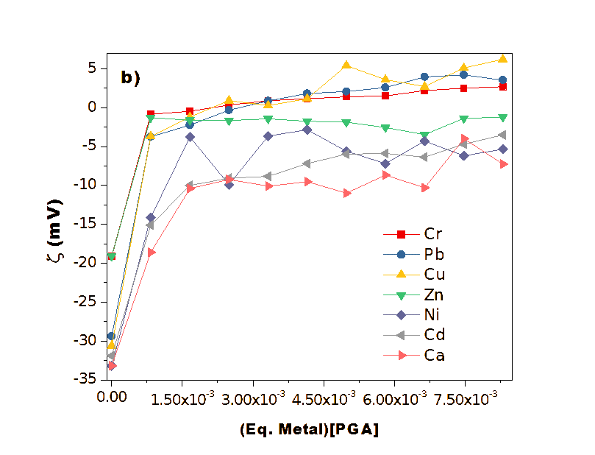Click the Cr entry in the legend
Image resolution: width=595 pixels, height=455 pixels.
pyautogui.click(x=433, y=234)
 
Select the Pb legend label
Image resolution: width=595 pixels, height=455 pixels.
pyautogui.click(x=434, y=255)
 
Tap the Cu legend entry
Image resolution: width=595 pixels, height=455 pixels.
pyautogui.click(x=434, y=275)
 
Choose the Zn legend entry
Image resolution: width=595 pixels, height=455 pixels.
pyautogui.click(x=434, y=295)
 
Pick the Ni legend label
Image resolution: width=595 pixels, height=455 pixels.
pyautogui.click(x=432, y=315)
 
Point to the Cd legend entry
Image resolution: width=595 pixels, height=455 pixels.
pyautogui.click(x=434, y=335)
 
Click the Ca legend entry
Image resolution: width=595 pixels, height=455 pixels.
pyautogui.click(x=434, y=356)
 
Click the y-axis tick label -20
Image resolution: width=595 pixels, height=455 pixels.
pyautogui.click(x=88, y=262)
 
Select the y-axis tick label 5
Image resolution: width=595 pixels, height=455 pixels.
pyautogui.click(x=93, y=68)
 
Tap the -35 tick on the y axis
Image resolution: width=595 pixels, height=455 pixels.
pyautogui.click(x=88, y=378)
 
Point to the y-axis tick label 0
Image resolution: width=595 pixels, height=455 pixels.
pyautogui.click(x=93, y=107)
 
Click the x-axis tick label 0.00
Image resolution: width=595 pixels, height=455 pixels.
pyautogui.click(x=112, y=397)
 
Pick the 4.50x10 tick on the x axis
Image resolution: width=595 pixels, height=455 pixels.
pyautogui.click(x=324, y=398)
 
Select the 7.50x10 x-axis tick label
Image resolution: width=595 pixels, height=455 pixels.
pyautogui.click(x=464, y=398)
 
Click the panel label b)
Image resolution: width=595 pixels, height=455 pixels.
pyautogui.click(x=130, y=78)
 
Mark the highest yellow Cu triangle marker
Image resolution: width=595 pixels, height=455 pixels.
pyautogui.click(x=502, y=59)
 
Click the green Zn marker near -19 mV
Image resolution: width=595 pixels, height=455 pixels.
pyautogui.click(x=112, y=257)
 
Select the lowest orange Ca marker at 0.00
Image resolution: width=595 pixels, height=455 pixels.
pyautogui.click(x=112, y=365)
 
